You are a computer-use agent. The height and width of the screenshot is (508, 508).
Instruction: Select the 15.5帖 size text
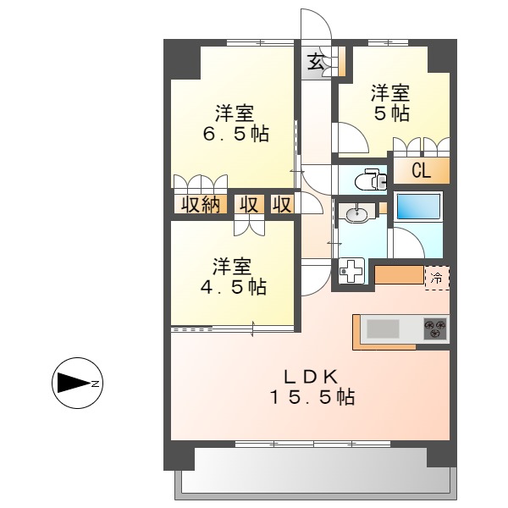[312, 396]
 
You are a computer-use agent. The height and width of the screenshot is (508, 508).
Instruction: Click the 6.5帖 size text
[235, 134]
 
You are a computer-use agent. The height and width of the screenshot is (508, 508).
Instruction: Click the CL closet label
[421, 171]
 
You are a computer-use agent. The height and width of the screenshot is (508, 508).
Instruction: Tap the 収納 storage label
[200, 204]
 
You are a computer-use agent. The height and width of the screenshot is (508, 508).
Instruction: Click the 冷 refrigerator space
[437, 276]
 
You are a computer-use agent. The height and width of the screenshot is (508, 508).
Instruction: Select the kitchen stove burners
[435, 329]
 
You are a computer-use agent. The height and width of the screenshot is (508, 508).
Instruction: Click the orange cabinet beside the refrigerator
[398, 275]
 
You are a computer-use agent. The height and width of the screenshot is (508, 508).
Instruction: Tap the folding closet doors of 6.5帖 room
[201, 184]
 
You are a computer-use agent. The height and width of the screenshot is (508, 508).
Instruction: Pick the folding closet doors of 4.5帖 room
[249, 225]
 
